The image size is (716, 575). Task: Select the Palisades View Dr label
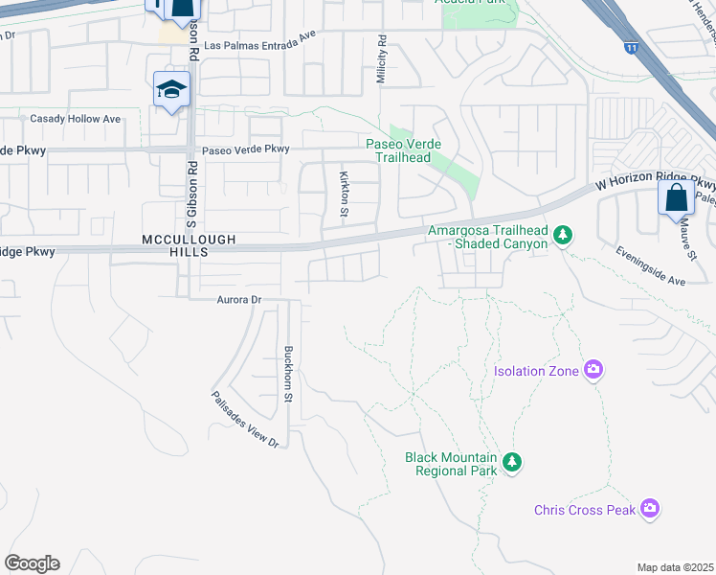244,423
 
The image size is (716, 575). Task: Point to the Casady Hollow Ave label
76,119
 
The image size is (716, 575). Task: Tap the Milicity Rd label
381,59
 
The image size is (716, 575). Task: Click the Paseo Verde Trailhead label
398,150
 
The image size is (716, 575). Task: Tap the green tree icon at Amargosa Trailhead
564,235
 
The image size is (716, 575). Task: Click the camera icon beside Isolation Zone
593,370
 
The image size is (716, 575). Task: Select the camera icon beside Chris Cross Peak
651,509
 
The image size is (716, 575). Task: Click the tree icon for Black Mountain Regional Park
512,464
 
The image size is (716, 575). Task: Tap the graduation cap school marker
172,90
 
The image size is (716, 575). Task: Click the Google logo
32,563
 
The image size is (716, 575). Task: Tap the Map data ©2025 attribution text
675,567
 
